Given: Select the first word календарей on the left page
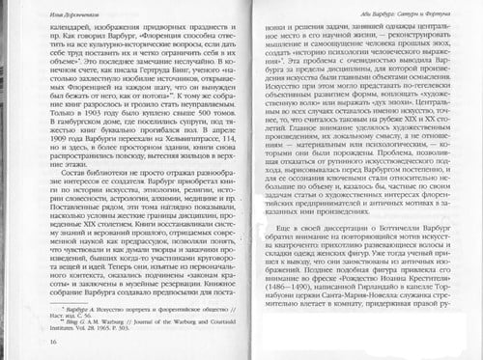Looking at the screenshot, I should (57, 24).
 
